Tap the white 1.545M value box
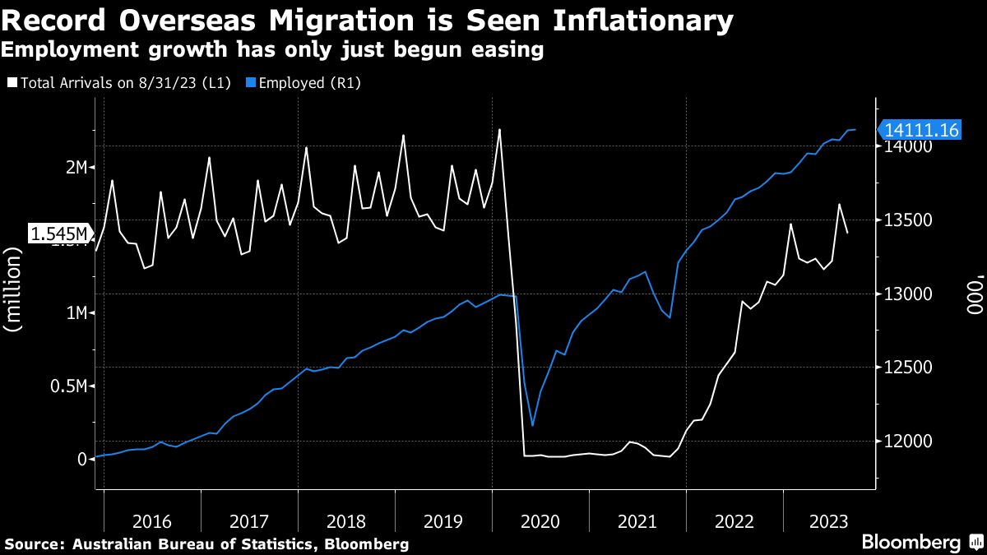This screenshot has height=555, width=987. [x=59, y=234]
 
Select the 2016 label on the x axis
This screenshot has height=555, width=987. [x=151, y=520]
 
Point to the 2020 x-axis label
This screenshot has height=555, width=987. [x=540, y=520]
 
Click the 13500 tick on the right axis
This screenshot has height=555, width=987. [x=907, y=220]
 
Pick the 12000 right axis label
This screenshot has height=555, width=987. [x=907, y=442]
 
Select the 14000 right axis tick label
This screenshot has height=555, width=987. [x=907, y=147]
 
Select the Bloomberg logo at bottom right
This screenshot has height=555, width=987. [x=911, y=542]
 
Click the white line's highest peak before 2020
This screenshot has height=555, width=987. [x=499, y=129]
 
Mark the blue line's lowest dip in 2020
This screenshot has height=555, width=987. [x=532, y=425]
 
